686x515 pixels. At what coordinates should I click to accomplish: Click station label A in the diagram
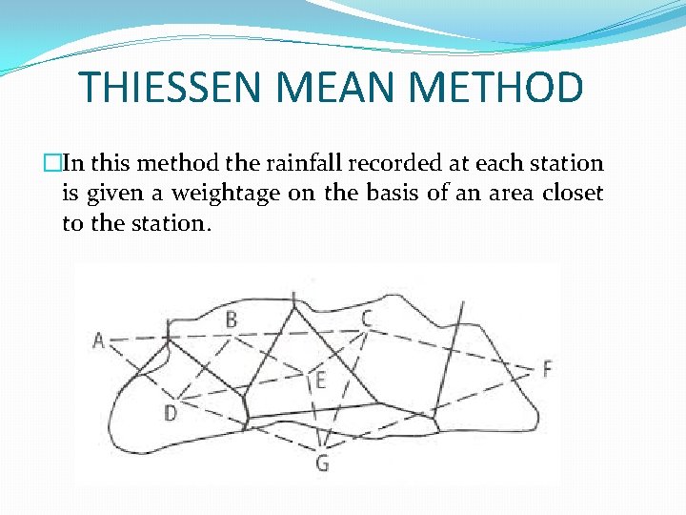pos(98,340)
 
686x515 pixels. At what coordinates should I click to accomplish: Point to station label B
pos(232,319)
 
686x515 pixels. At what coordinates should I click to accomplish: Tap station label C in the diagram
pos(366,318)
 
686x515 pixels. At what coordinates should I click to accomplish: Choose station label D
pos(170,413)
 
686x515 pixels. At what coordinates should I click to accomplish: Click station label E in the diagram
pos(320,381)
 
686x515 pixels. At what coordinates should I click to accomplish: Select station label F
pos(547,368)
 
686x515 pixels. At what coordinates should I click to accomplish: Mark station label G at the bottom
pos(322,463)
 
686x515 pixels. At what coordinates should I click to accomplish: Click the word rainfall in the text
pos(295,163)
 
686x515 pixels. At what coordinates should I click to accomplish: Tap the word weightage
pos(228,195)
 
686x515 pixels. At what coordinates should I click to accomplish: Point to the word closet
pos(573,194)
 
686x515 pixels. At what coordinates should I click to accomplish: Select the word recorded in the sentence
pos(384,163)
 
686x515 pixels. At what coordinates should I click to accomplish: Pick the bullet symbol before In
pos(68,164)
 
